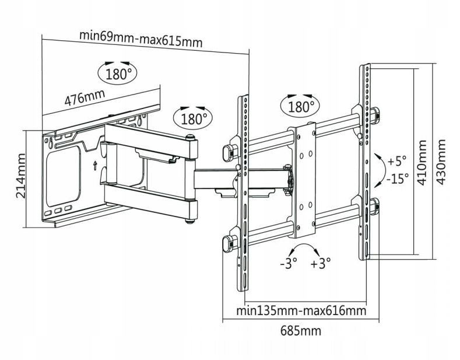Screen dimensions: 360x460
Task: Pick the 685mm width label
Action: pyautogui.click(x=301, y=331)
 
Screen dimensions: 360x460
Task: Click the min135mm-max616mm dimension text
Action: pyautogui.click(x=301, y=310)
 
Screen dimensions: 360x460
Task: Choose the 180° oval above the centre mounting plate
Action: pyautogui.click(x=301, y=106)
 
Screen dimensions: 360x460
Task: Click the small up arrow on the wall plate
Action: pyautogui.click(x=95, y=165)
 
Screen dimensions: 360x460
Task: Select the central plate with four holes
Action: pyautogui.click(x=304, y=181)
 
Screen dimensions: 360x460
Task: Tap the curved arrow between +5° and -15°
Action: pyautogui.click(x=378, y=169)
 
